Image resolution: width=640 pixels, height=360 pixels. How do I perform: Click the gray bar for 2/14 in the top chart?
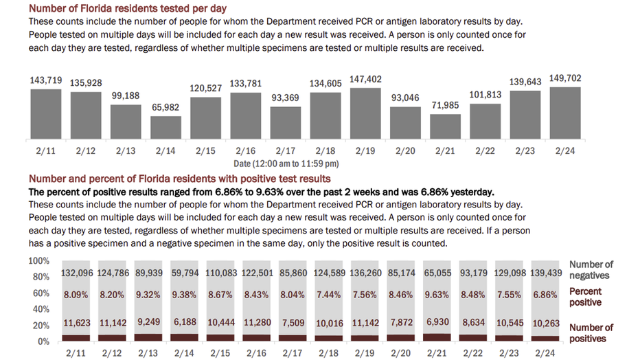pos(165,127)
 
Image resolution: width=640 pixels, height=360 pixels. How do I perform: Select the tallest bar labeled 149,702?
pos(565,113)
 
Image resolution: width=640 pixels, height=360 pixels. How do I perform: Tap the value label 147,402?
pos(365,79)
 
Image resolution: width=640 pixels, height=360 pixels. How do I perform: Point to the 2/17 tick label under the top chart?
pos(285,151)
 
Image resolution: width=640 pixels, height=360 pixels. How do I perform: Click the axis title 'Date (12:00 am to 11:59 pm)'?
pos(286,164)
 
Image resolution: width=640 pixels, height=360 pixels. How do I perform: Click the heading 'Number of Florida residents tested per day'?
pos(128,8)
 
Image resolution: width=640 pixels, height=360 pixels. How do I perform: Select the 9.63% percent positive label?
pos(437,295)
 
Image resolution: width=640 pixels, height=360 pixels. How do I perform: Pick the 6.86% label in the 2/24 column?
pos(545,295)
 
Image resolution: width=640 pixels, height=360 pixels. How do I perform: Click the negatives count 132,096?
pos(77,273)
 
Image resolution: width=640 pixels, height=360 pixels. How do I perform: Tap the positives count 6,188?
pos(185,322)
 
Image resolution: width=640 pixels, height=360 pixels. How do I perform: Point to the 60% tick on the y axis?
pos(41,293)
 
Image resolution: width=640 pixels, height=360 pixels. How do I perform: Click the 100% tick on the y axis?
pos(38,261)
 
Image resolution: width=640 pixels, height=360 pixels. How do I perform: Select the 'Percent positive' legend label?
pos(585,297)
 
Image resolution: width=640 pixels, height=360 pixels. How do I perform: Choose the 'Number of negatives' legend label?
pos(591,270)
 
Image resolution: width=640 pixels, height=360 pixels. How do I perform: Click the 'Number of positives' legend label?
pos(591,333)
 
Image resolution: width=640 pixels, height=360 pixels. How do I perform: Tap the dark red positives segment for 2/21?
pos(437,337)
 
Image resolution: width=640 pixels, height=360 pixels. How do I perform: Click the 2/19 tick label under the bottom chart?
pos(365,353)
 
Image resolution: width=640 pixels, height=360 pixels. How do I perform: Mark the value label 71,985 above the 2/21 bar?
pos(445,105)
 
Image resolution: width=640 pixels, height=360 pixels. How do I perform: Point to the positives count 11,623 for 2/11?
pos(77,323)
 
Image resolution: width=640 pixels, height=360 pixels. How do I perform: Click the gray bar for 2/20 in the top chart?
pos(405,123)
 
